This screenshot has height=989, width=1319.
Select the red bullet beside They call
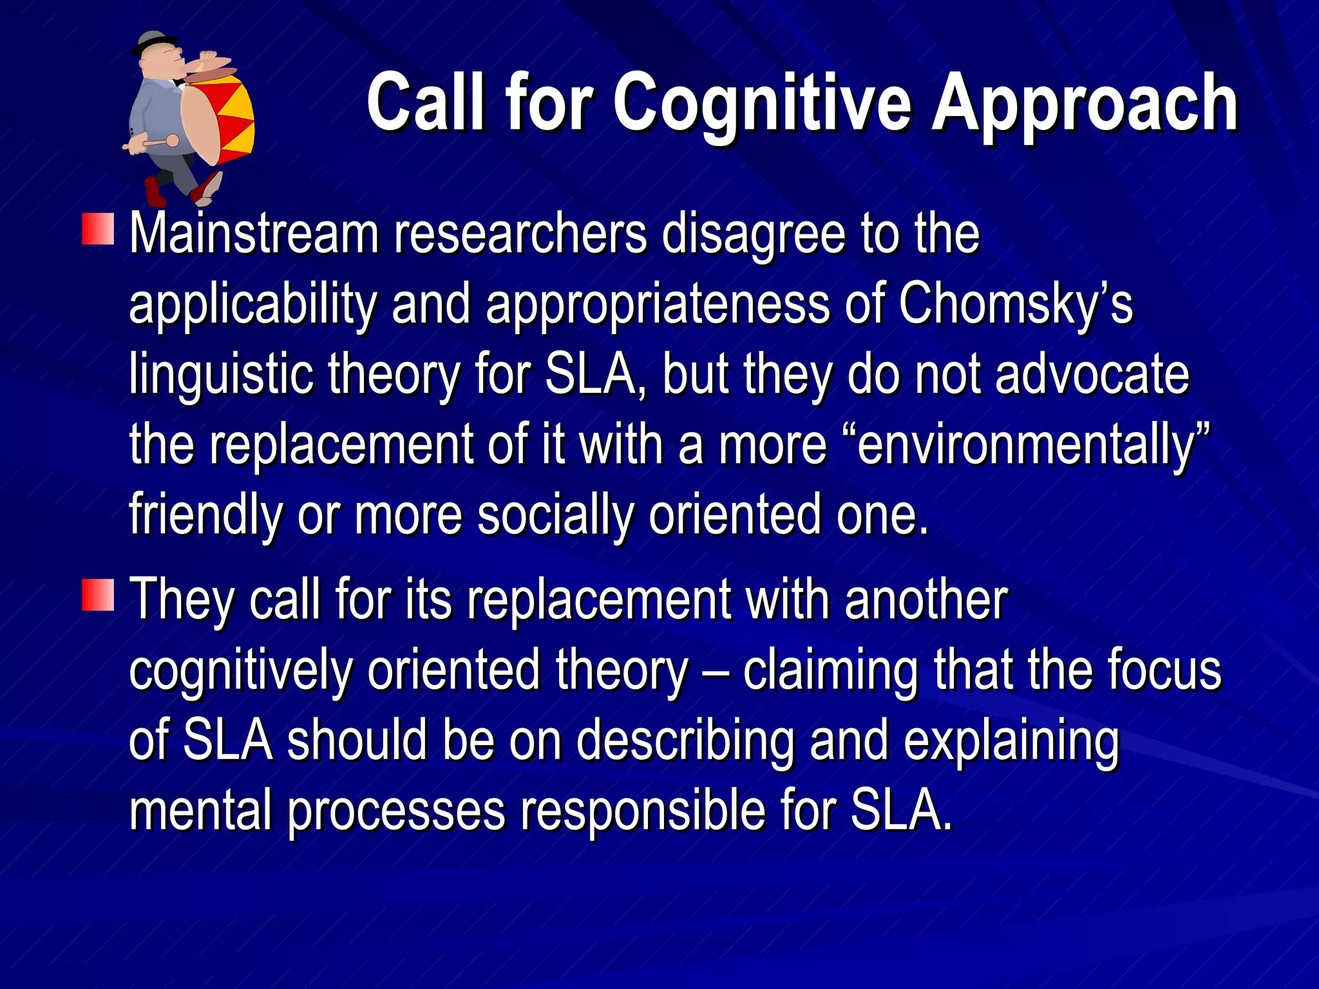(98, 594)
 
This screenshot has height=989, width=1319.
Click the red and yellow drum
(219, 116)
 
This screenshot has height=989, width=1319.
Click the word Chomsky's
(1015, 305)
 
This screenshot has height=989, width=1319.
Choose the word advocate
(1092, 374)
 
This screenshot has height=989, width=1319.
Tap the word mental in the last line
(200, 811)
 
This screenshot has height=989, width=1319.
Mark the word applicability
(252, 305)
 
